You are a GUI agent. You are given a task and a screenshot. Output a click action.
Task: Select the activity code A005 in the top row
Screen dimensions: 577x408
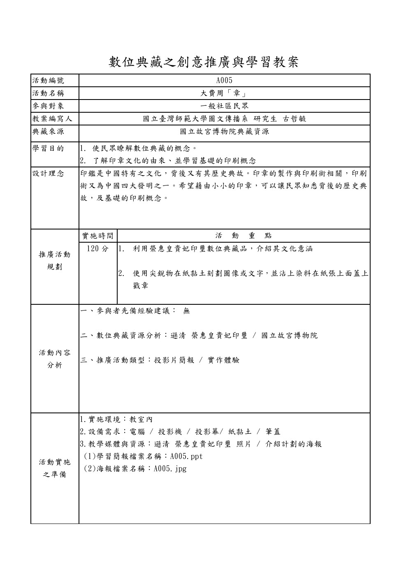pyautogui.click(x=224, y=80)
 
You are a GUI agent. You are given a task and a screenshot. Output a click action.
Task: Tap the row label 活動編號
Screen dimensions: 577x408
pyautogui.click(x=48, y=80)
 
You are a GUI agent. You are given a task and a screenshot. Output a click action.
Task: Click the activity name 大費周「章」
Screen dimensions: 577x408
pyautogui.click(x=224, y=93)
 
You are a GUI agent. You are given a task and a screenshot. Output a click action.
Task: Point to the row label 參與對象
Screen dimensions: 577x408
pyautogui.click(x=48, y=106)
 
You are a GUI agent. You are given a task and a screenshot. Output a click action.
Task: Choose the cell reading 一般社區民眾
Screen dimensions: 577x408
pyautogui.click(x=224, y=106)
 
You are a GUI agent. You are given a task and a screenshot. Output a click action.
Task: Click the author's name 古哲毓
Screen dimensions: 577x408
pyautogui.click(x=294, y=119)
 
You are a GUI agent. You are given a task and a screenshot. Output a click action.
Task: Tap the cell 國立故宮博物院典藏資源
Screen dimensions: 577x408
pyautogui.click(x=224, y=132)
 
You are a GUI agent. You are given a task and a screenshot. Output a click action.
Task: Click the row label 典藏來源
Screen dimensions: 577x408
pyautogui.click(x=48, y=132)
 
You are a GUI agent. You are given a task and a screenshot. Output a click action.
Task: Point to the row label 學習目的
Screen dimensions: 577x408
pyautogui.click(x=48, y=148)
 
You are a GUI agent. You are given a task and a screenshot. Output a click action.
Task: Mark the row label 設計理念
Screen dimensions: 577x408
pyautogui.click(x=48, y=173)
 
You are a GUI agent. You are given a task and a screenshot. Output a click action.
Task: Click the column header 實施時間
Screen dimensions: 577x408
pyautogui.click(x=97, y=236)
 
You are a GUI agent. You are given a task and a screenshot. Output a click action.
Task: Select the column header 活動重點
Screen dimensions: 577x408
pyautogui.click(x=243, y=236)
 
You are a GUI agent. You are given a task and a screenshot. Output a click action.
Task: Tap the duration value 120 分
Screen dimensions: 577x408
pyautogui.click(x=98, y=249)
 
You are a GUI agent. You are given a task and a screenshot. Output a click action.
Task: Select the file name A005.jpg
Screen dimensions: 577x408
pyautogui.click(x=170, y=469)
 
